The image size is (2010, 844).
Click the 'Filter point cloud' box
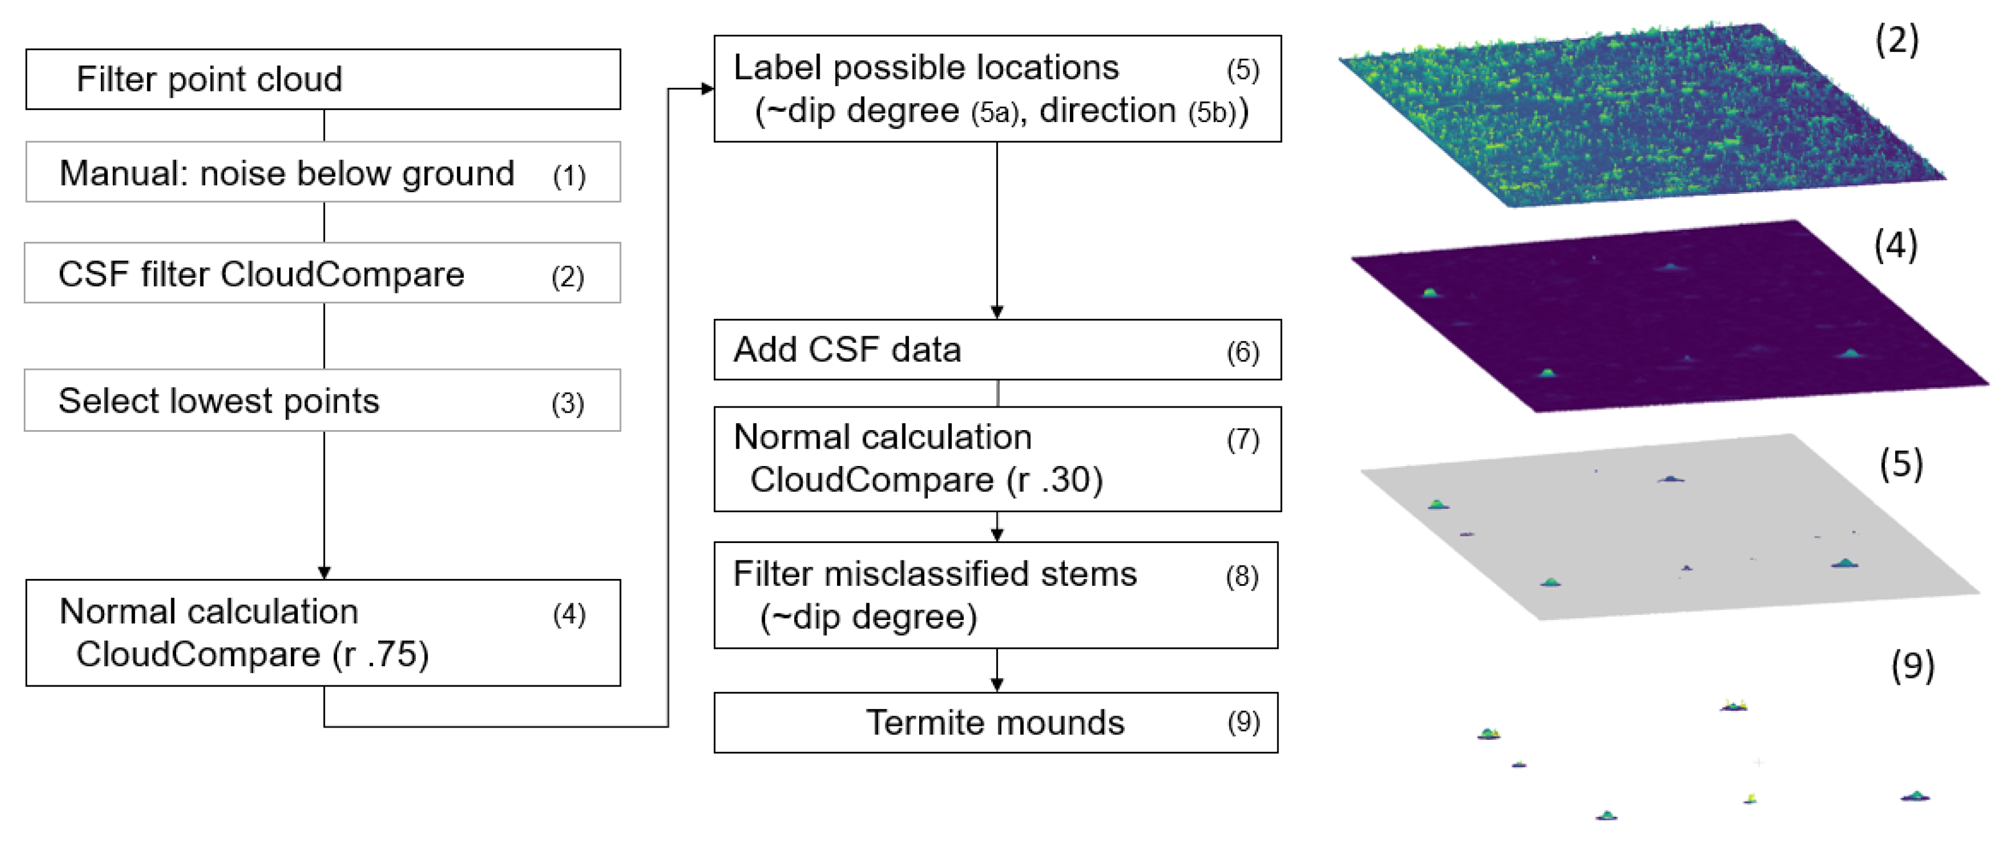(x=323, y=79)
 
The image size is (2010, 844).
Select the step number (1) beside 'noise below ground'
(x=569, y=175)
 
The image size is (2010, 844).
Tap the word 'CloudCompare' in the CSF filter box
(x=342, y=274)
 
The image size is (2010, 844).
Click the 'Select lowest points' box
(x=323, y=401)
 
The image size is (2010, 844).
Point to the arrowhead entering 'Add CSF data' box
(x=996, y=312)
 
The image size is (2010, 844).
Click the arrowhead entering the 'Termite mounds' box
(x=996, y=685)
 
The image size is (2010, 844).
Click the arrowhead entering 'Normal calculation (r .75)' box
(x=324, y=573)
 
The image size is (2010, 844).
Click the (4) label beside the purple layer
(x=1895, y=245)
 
